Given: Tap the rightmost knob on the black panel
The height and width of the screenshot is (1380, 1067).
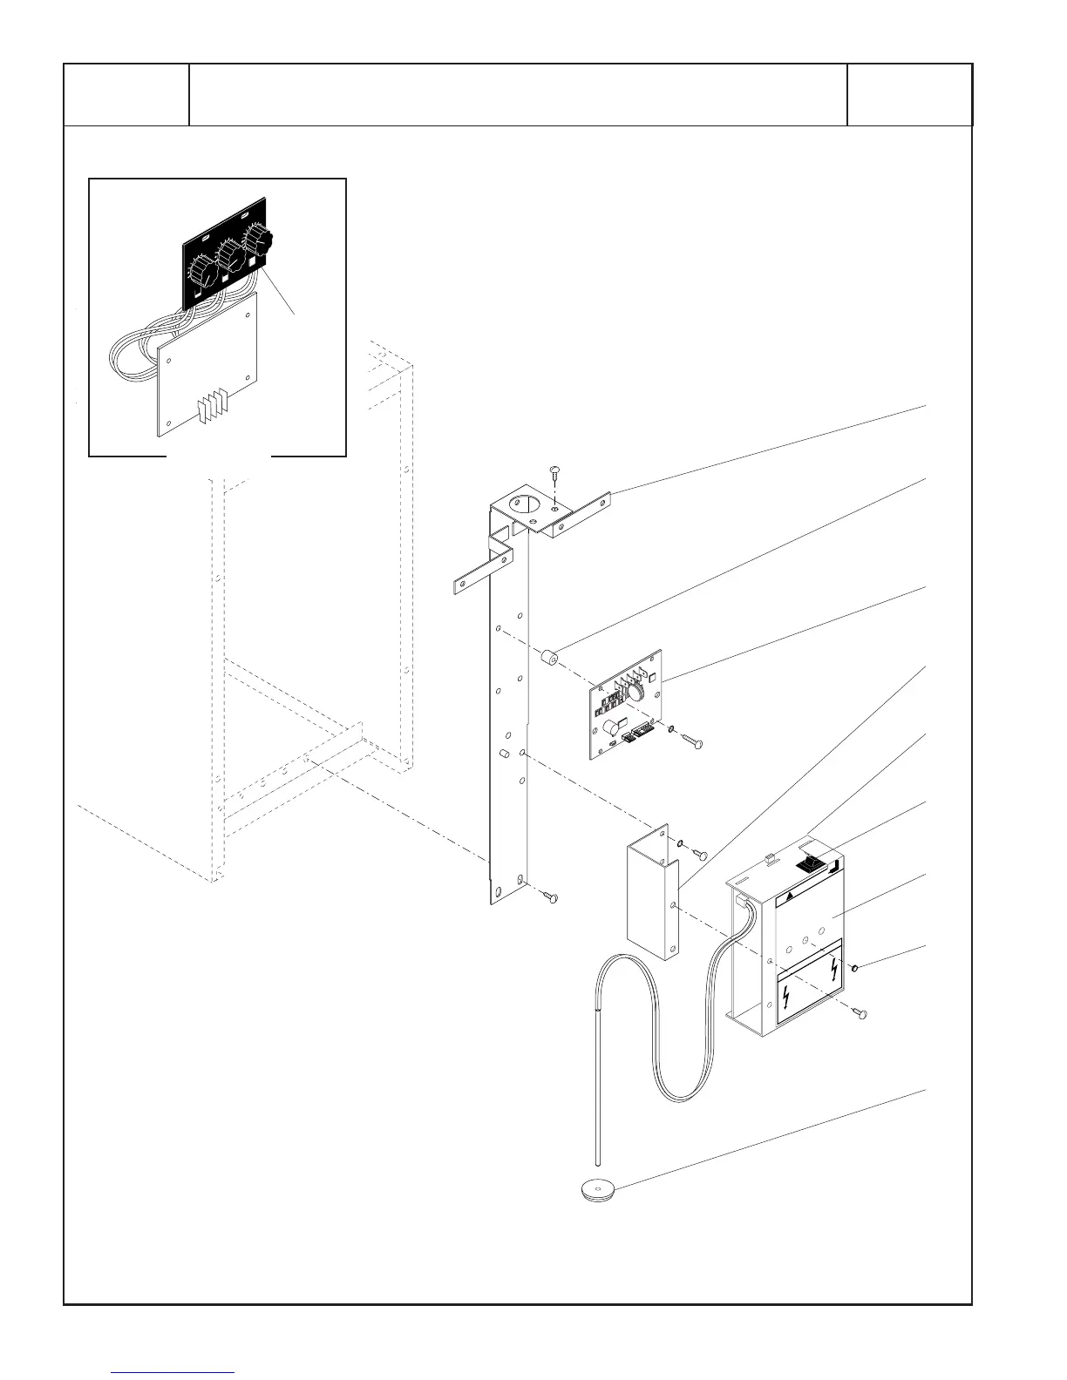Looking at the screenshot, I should [259, 240].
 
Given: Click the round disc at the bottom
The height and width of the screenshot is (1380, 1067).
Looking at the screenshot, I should [597, 1189].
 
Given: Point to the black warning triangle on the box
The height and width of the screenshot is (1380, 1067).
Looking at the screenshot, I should [788, 896].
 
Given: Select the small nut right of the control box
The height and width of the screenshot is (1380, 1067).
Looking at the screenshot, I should [856, 966].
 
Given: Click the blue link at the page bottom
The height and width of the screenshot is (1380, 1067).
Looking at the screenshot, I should [173, 1373].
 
